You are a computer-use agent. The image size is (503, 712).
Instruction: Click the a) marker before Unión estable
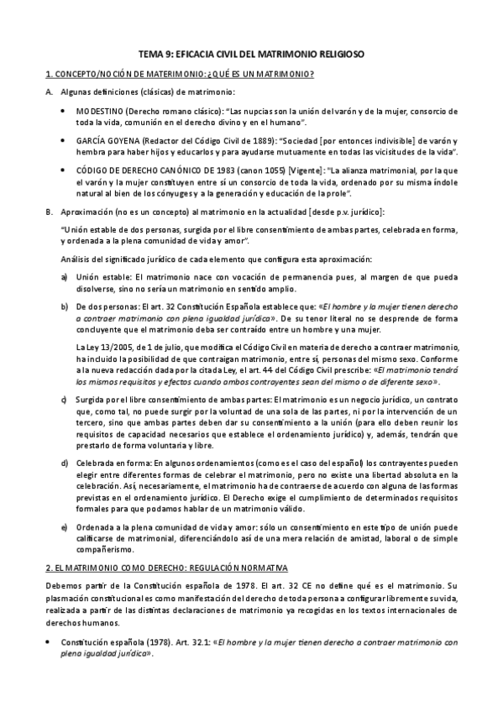(65, 276)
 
